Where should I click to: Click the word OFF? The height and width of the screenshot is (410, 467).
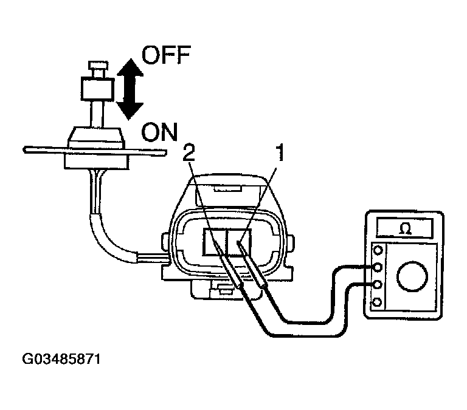point(166,57)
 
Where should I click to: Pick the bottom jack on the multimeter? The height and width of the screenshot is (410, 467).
point(379,302)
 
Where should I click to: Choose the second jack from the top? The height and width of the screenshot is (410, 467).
point(379,267)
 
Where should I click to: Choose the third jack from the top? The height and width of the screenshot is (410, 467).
point(379,284)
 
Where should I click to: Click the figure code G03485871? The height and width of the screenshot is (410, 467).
point(61,359)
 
